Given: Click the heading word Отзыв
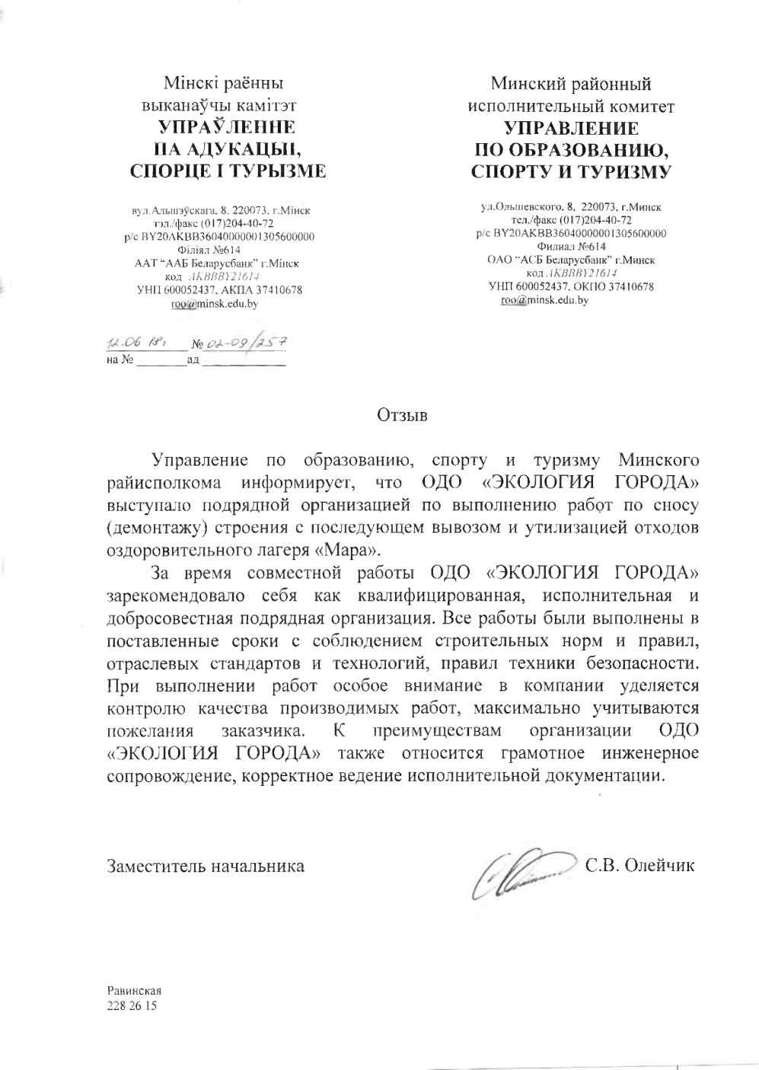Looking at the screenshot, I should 402,416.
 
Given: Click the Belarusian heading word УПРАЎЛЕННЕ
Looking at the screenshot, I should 226,126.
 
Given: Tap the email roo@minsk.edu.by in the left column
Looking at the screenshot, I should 214,304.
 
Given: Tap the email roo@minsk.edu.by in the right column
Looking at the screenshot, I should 544,300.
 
